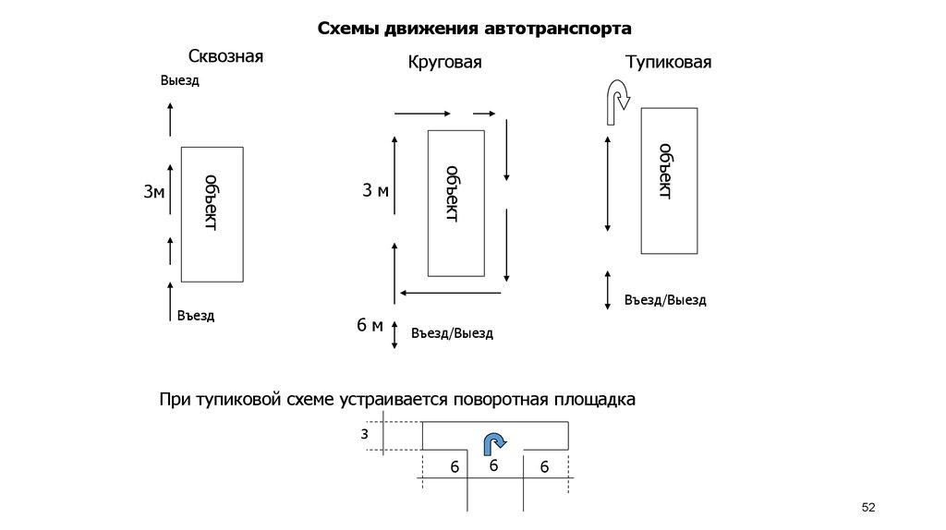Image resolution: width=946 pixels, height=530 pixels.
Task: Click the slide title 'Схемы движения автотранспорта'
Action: click(474, 28)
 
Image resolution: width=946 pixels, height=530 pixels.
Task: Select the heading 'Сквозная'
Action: click(225, 56)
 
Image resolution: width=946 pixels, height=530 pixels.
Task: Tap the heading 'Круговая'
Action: click(445, 63)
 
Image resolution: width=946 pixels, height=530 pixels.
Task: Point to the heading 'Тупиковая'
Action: click(668, 63)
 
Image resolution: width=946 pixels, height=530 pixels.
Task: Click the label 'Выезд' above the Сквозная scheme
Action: click(179, 80)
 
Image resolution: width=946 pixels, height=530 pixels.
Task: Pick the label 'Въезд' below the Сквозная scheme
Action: click(195, 316)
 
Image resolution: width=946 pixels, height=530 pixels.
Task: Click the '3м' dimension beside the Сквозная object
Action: click(153, 192)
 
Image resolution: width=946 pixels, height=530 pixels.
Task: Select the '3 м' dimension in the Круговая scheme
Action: click(375, 191)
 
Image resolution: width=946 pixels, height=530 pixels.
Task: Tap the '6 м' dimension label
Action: click(370, 325)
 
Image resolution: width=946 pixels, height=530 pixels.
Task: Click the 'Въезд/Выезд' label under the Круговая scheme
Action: click(452, 332)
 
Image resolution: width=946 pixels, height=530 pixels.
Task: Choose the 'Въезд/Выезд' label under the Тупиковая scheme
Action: click(665, 300)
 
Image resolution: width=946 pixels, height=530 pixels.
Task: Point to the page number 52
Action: click(867, 508)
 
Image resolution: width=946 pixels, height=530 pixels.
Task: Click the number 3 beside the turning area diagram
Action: click(365, 433)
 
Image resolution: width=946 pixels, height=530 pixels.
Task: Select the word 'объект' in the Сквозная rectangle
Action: click(211, 201)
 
